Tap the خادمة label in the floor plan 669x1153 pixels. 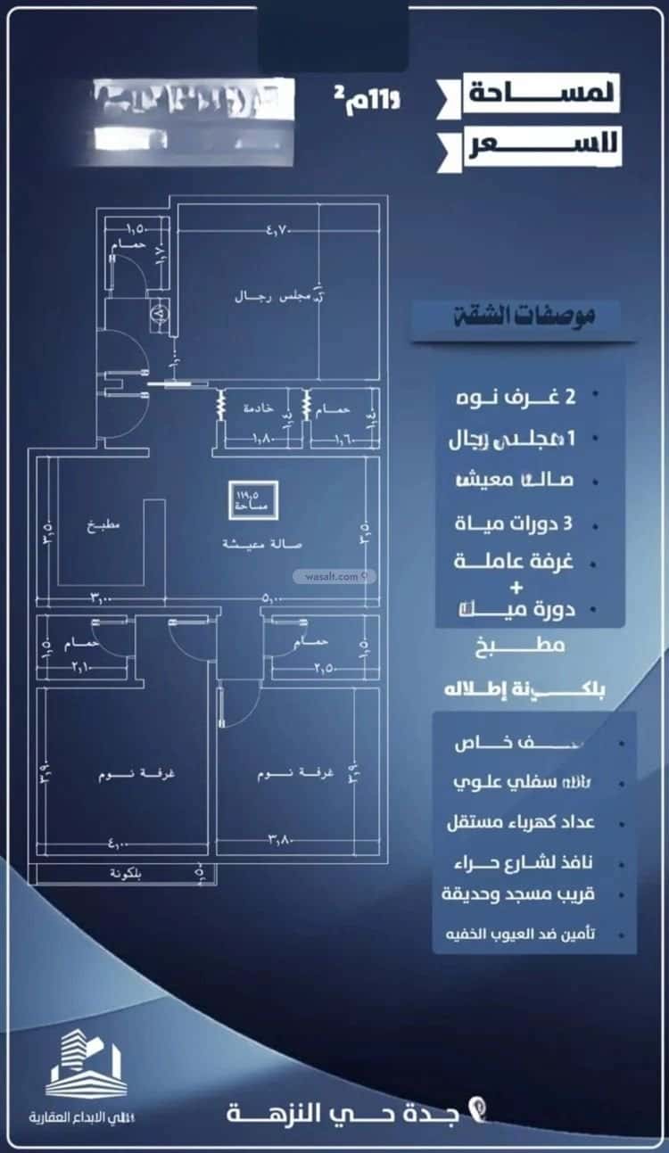260,408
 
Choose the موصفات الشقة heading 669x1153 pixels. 523,315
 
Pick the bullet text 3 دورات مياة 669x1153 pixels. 523,523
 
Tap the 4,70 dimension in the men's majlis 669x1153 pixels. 279,231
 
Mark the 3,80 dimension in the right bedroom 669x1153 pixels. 282,837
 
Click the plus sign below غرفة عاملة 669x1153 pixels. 515,588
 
